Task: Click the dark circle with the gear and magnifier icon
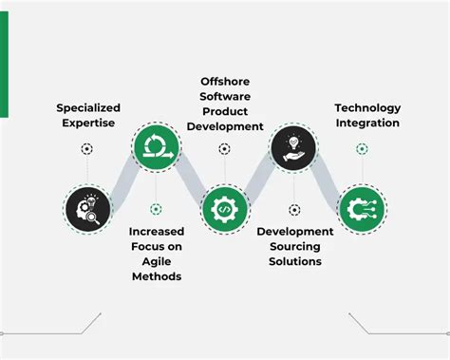tap(87, 208)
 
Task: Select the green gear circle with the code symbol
tap(225, 208)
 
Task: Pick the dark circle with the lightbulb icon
tap(293, 148)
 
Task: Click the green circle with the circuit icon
tap(362, 208)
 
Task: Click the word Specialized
tap(87, 107)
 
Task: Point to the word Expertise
tap(87, 123)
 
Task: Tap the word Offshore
tap(225, 79)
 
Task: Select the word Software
tap(225, 95)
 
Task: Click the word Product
tap(225, 110)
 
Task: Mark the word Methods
tap(156, 276)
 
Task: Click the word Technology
tap(367, 107)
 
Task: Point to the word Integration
tap(367, 123)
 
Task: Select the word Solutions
tap(294, 261)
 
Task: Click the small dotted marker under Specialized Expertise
tap(87, 149)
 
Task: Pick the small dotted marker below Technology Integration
tap(362, 149)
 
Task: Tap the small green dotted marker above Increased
tap(156, 209)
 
